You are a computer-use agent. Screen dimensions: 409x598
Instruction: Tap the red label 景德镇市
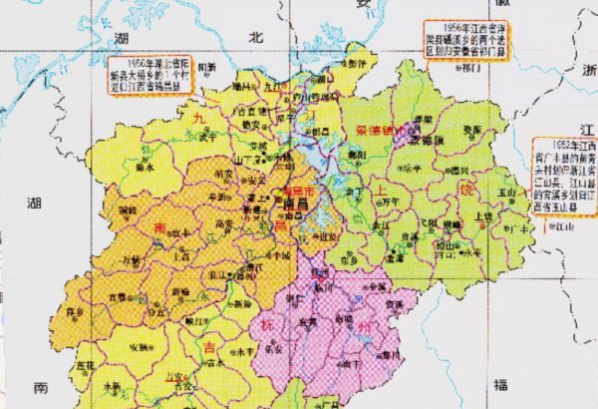[376, 131]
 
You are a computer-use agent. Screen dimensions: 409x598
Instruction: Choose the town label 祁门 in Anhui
[465, 71]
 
